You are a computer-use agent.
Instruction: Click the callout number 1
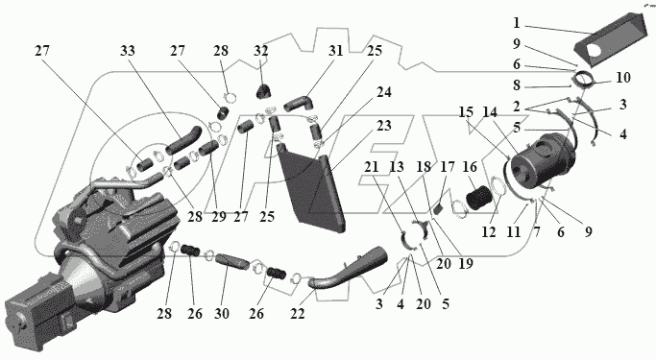click(x=517, y=23)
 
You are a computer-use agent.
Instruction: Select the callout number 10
click(x=623, y=78)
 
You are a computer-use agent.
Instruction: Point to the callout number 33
click(x=128, y=51)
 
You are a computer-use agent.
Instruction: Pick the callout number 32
click(x=260, y=51)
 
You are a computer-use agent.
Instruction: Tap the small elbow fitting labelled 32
click(x=263, y=91)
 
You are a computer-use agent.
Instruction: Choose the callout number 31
click(x=335, y=51)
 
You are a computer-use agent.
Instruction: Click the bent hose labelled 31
click(x=298, y=103)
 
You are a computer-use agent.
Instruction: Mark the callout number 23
click(x=383, y=126)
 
